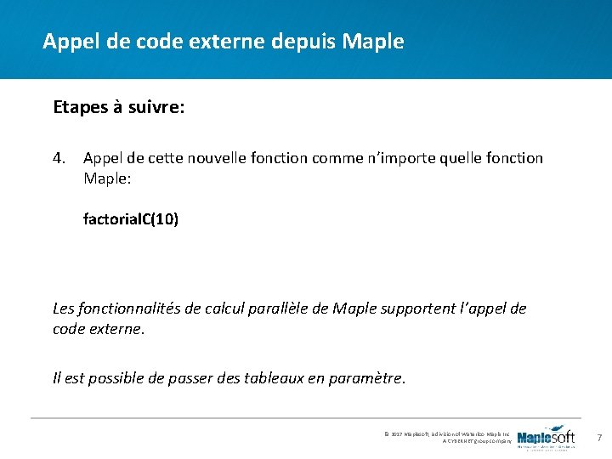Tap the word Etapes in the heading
[78, 108]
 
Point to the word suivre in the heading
[156, 108]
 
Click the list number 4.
[59, 158]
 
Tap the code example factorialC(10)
[130, 218]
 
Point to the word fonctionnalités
[126, 308]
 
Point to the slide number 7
[598, 438]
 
